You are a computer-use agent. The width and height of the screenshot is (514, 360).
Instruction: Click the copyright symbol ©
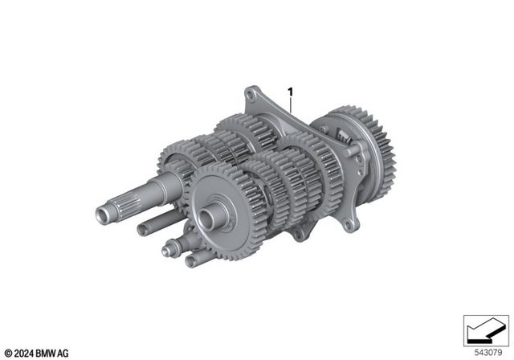click(x=8, y=351)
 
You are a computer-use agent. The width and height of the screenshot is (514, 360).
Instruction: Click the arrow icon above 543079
click(x=487, y=330)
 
